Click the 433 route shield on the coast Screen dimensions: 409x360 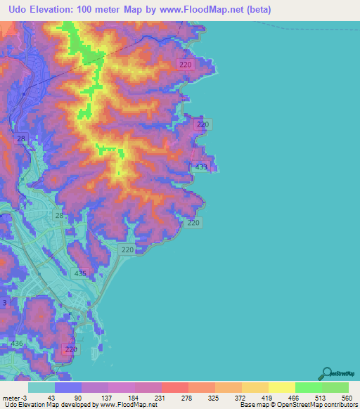pyautogui.click(x=201, y=167)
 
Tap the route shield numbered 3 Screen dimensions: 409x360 pyautogui.click(x=4, y=303)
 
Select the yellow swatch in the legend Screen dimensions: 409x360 pyautogui.click(x=281, y=387)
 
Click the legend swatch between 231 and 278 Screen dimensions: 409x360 pyautogui.click(x=174, y=387)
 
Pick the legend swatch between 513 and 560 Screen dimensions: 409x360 pyautogui.click(x=335, y=387)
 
